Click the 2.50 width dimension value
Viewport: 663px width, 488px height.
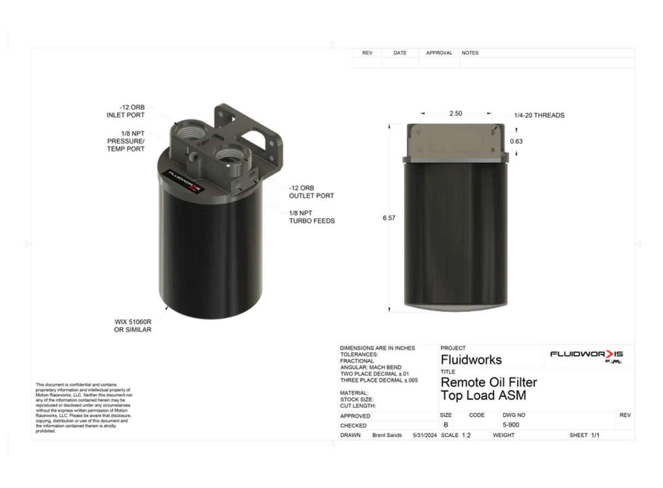455,114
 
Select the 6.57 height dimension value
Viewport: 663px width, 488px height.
389,218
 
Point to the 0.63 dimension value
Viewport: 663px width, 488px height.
516,141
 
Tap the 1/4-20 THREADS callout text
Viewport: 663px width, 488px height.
539,116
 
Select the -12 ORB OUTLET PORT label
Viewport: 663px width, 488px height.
311,192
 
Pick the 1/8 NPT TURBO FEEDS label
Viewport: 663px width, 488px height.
312,217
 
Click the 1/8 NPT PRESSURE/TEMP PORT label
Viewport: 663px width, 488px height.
126,141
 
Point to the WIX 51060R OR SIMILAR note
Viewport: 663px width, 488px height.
133,326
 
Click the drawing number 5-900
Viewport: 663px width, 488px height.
511,425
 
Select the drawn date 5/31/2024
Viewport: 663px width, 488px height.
425,435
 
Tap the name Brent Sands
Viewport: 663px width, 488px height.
387,435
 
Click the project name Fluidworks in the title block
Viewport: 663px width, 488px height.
471,360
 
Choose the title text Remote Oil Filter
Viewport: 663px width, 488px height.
488,383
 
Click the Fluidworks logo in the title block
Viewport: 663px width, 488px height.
587,355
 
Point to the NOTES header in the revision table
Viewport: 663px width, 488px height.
470,53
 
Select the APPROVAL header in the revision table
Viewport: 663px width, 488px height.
439,53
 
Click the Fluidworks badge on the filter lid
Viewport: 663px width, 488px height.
184,181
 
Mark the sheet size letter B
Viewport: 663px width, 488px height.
446,425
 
